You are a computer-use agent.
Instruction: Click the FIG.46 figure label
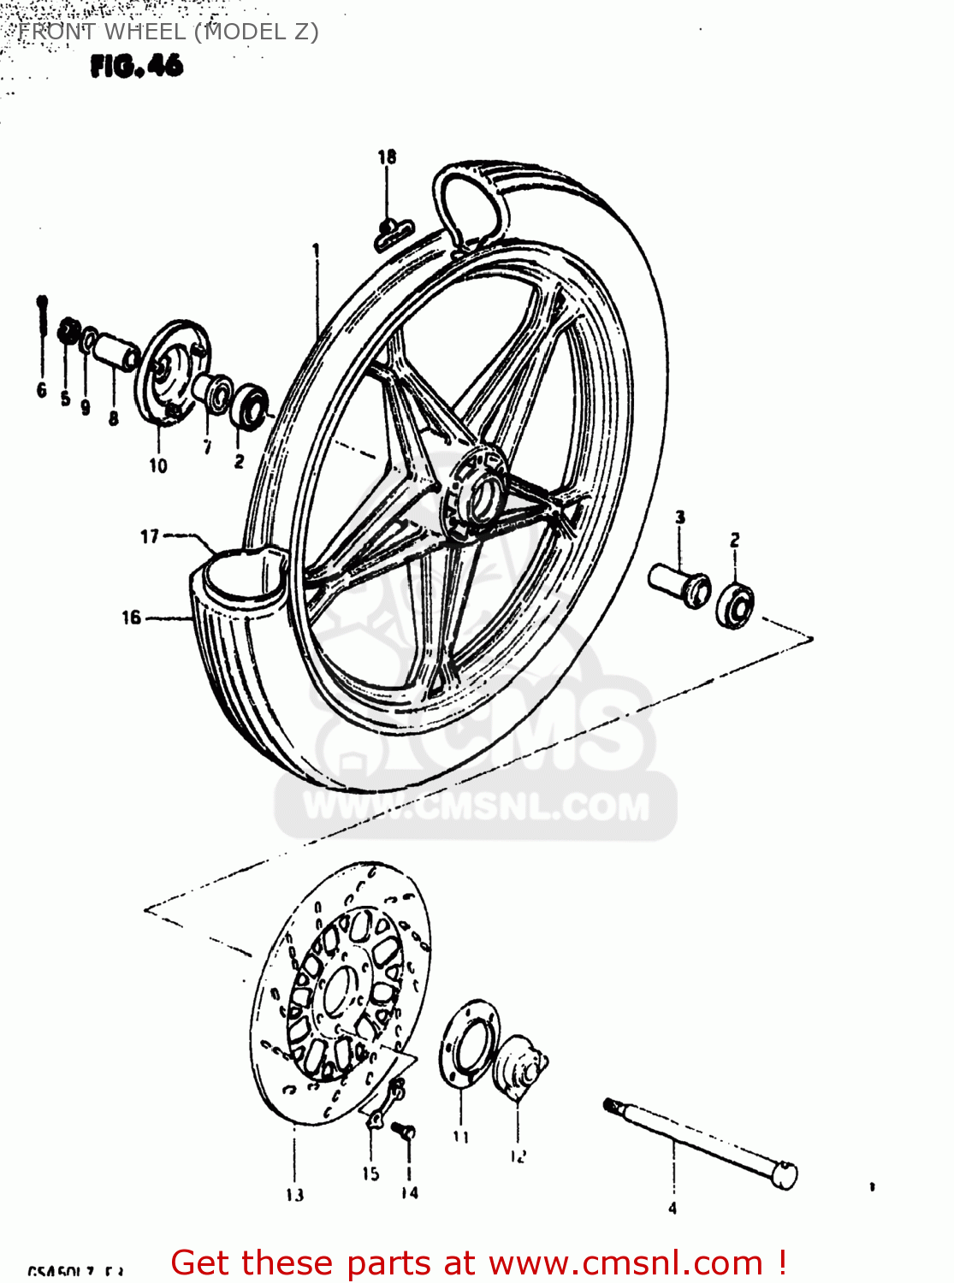[136, 66]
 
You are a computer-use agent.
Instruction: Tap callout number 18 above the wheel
[387, 157]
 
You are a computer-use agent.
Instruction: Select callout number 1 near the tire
[316, 250]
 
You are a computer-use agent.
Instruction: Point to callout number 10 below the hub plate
[158, 465]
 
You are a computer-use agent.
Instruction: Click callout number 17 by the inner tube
[150, 536]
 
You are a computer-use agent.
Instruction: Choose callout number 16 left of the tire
[131, 617]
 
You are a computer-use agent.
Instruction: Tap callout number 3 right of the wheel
[680, 517]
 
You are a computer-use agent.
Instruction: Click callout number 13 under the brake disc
[294, 1194]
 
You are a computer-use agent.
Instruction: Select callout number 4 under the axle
[673, 1208]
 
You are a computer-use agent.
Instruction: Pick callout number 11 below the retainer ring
[461, 1137]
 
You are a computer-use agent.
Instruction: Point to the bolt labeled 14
[405, 1130]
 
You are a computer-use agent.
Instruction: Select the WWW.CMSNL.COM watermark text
[477, 807]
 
